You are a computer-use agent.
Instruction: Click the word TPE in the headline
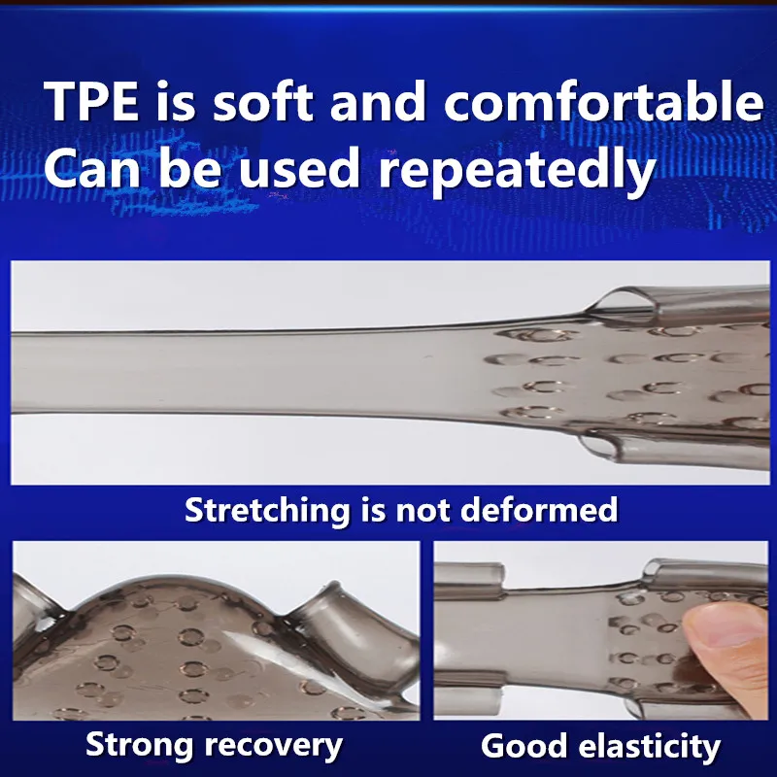coord(92,101)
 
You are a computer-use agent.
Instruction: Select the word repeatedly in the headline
coord(518,171)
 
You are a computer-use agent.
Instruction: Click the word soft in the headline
coord(263,101)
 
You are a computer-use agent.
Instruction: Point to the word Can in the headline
coord(92,168)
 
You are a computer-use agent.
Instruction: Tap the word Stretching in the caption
coord(267,511)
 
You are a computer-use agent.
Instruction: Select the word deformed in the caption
coord(539,509)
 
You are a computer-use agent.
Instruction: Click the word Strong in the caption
coord(139,745)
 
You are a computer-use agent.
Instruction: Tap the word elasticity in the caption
coord(650,747)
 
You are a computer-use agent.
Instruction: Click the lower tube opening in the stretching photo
coord(598,444)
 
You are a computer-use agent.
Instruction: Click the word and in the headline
coord(378,101)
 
